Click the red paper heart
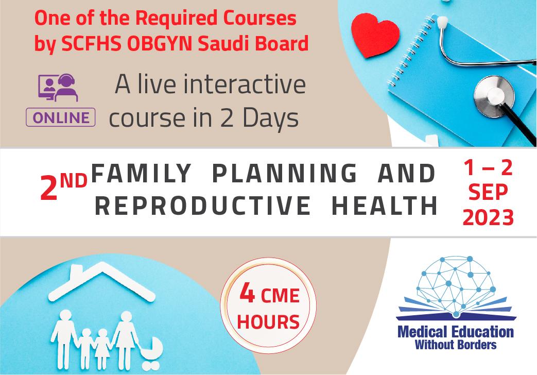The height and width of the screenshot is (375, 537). pos(375,35)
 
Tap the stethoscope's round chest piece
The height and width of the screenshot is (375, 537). pos(494,96)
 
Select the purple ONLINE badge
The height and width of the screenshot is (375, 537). pos(61,117)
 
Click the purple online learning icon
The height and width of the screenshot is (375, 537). pos(58,88)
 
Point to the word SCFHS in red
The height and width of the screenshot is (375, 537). pos(91,44)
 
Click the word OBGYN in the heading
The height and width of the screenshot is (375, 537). pos(160,44)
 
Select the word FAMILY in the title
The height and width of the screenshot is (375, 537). pos(142,173)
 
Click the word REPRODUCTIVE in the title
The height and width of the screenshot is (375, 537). pos(203,206)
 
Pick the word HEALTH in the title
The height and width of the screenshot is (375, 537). pos(385,206)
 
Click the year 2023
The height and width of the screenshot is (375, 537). pos(488,217)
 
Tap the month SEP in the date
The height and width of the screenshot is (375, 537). pos(488,192)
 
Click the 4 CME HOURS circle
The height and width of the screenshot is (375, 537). pos(268,305)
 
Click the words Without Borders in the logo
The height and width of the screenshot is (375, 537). pos(456,344)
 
